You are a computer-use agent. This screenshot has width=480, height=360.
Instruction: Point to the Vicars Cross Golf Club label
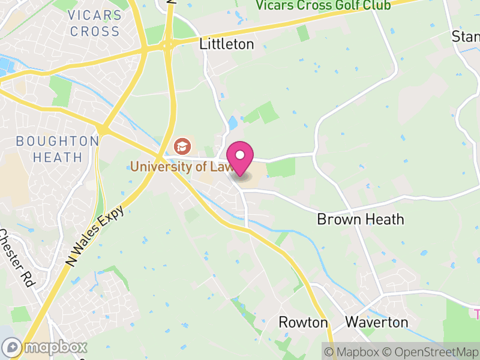click(323, 5)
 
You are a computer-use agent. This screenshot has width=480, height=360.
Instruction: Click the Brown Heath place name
click(361, 219)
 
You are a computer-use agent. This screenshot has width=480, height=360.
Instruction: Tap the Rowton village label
click(303, 322)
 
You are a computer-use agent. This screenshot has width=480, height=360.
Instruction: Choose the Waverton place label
click(377, 322)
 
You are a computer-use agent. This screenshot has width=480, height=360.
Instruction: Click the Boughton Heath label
click(58, 149)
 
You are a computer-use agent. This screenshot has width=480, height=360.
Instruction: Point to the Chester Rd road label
click(17, 258)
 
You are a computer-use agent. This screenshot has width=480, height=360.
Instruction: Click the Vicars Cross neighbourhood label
click(94, 23)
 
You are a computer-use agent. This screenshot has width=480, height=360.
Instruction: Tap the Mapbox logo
click(46, 347)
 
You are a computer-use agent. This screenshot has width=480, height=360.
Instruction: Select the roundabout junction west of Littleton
click(167, 44)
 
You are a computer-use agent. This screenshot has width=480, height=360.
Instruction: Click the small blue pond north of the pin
click(233, 124)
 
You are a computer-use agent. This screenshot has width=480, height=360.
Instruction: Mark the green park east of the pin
click(280, 168)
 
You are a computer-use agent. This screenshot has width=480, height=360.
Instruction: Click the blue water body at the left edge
click(5, 65)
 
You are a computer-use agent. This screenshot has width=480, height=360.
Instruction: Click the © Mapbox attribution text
click(356, 352)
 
